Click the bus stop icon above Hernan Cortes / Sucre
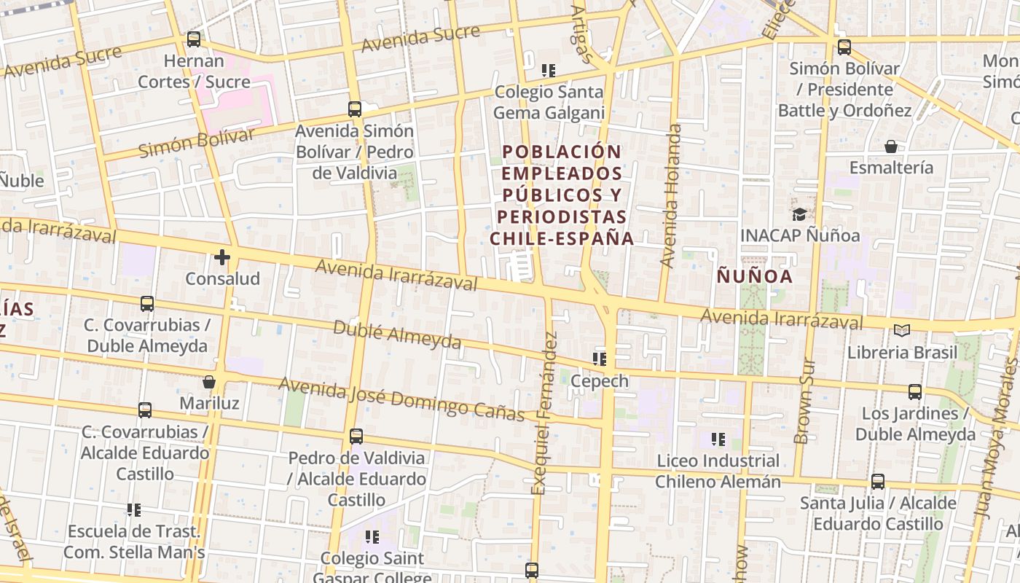click(x=193, y=39)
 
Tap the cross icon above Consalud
click(x=222, y=257)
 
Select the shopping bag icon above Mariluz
click(x=209, y=381)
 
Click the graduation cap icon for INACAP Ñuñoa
click(x=799, y=214)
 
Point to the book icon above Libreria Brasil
click(x=902, y=330)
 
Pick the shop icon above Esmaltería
click(x=890, y=146)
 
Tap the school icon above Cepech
click(x=600, y=359)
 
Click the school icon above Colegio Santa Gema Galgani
click(x=549, y=71)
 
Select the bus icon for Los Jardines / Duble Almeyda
click(x=915, y=392)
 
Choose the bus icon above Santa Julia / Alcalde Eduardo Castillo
click(x=878, y=482)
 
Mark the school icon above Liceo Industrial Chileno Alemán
click(x=718, y=439)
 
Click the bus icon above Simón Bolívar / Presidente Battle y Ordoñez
click(x=844, y=47)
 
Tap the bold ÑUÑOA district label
click(x=755, y=277)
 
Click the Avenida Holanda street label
click(x=671, y=195)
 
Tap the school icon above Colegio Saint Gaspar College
click(x=372, y=537)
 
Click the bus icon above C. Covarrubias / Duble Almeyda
click(x=147, y=303)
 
